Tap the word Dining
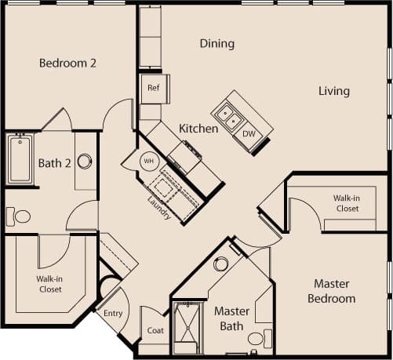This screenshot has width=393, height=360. (217, 44)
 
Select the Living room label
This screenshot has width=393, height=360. (333, 91)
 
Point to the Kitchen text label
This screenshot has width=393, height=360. (198, 128)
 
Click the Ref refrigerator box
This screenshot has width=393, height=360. (154, 89)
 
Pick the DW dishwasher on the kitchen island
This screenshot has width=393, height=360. (249, 133)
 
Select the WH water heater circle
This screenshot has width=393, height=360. (149, 161)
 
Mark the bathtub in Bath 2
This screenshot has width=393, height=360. (20, 159)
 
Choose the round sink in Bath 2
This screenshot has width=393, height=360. (85, 161)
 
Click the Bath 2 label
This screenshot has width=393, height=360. (54, 163)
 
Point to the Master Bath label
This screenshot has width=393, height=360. (231, 318)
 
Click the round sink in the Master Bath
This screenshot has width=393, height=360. (221, 264)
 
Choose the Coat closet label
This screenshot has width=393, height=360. (155, 330)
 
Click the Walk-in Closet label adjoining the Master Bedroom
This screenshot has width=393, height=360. (346, 203)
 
